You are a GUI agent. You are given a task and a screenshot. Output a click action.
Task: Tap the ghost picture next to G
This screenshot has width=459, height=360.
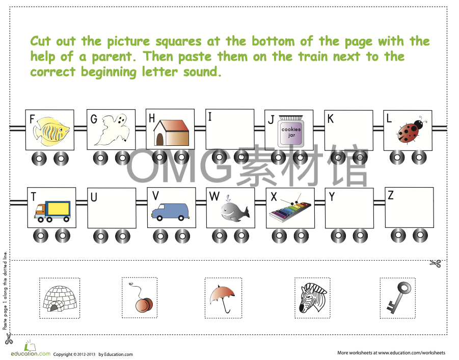pos(112,131)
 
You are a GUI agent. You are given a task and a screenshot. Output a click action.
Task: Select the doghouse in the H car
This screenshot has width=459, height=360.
pos(171,133)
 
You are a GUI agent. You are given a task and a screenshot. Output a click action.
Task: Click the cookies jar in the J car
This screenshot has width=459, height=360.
pos(291,132)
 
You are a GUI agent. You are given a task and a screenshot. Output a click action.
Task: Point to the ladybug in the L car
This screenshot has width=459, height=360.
pos(411,132)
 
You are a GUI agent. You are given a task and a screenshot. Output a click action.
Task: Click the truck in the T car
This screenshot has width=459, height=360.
pos(53,211)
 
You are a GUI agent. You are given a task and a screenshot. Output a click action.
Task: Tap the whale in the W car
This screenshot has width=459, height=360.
pos(233,210)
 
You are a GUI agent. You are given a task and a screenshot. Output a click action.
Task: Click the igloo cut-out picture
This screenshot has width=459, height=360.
pos(60,298)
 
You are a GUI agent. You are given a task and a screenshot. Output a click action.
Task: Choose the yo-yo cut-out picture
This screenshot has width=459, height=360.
pos(142,301)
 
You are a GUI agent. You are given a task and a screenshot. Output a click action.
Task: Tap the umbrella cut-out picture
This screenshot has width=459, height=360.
pos(223,298)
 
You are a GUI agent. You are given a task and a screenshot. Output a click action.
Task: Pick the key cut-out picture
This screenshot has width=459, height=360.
pos(398,297)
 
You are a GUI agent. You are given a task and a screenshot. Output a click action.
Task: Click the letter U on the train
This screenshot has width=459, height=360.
pos(94,197)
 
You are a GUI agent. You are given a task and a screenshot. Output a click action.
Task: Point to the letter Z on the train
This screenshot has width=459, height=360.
pos(390,195)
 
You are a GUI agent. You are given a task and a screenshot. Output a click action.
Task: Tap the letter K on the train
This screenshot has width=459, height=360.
pos(331,119)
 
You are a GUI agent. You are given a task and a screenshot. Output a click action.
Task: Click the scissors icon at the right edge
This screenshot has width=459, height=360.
pos(435,264)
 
